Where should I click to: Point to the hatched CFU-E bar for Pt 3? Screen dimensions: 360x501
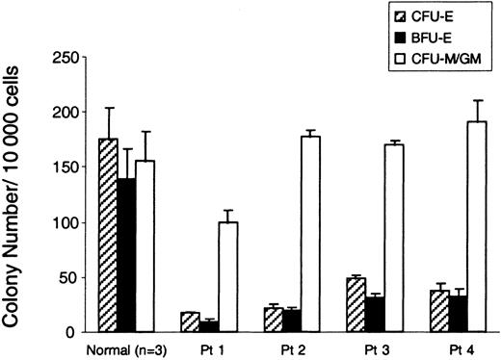(356, 305)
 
